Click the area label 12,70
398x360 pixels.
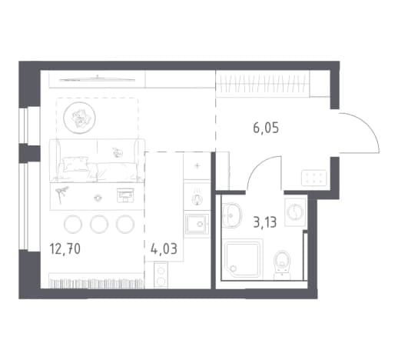[65, 248]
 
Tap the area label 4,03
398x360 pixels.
[164, 248]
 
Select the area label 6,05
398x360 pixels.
[266, 128]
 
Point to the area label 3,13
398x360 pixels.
[265, 222]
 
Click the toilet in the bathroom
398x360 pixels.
[282, 265]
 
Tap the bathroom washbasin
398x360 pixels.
[232, 215]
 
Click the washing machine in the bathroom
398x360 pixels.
[295, 212]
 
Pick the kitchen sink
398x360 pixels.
[197, 225]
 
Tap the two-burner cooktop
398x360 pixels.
[161, 275]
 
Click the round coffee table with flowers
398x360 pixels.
[79, 118]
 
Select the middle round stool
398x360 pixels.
[99, 224]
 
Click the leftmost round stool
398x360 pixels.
[73, 224]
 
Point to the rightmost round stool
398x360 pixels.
[125, 224]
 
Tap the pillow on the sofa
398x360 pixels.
[75, 164]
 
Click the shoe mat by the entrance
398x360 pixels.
[314, 178]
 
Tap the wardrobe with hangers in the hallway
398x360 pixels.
[263, 84]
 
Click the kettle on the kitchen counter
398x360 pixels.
[197, 198]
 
